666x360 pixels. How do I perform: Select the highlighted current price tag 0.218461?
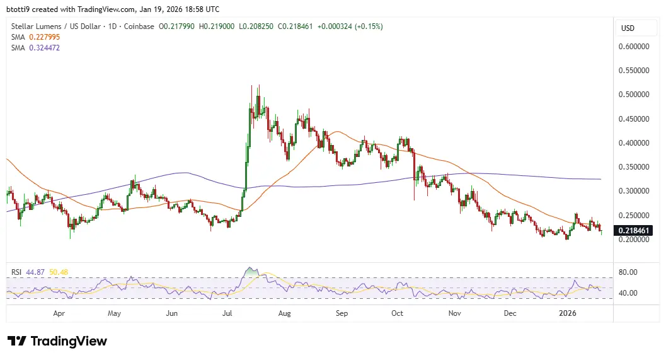click(634, 231)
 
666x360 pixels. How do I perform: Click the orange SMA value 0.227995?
click(43, 37)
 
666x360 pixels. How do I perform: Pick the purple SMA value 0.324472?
click(43, 47)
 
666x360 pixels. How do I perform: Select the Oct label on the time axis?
click(398, 313)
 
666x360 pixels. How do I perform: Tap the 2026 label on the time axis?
click(568, 313)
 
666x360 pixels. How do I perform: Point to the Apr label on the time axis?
click(59, 313)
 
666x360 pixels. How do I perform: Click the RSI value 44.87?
click(35, 272)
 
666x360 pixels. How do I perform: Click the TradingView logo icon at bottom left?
click(17, 341)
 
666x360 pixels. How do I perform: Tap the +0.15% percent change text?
click(369, 26)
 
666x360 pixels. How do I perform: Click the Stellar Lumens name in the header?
click(37, 26)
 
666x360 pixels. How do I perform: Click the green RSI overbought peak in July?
click(251, 272)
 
